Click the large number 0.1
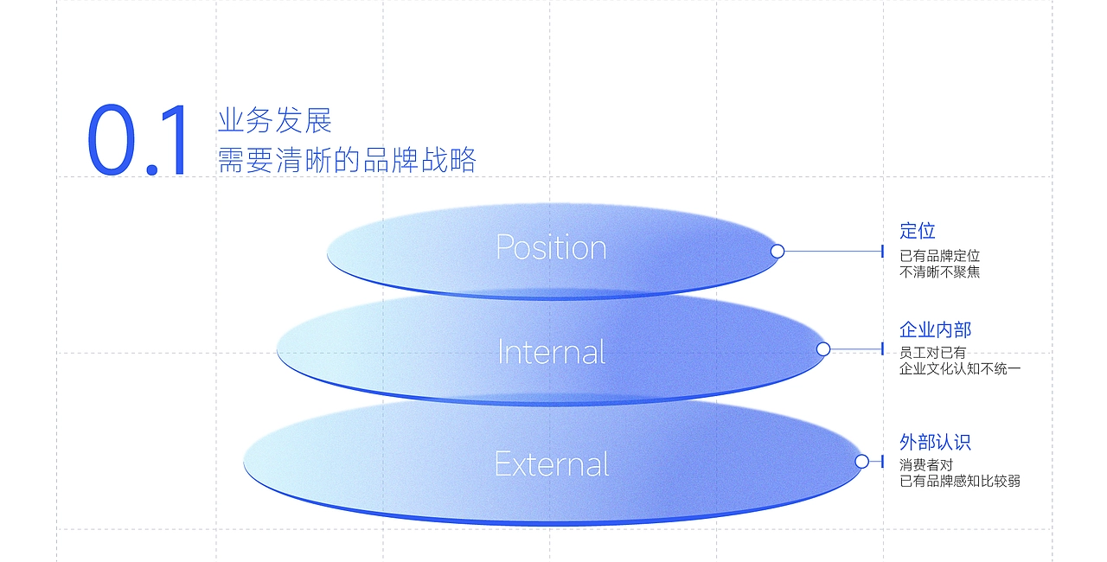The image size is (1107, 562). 138,142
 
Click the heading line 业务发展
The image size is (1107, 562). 275,120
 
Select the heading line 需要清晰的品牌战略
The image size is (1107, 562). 347,160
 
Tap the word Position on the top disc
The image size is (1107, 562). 551,247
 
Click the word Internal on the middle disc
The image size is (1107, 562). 552,352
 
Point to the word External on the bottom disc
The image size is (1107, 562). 552,464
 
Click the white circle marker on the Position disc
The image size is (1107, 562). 777,251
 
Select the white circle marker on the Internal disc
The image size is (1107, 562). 823,348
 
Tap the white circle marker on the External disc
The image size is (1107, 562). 861,461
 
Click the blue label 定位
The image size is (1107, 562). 918,231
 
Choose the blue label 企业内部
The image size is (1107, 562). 935,329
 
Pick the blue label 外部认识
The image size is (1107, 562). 935,442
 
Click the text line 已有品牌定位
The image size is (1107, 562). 939,256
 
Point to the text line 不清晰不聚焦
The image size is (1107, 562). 939,271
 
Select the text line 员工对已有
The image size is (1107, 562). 932,353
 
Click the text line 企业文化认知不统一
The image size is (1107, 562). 960,369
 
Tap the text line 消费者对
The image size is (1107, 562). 926,464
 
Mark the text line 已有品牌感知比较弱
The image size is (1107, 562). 960,481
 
